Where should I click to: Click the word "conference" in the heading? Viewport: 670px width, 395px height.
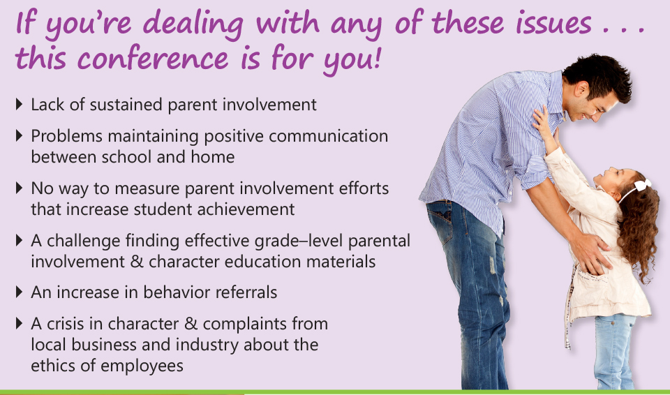click(153, 59)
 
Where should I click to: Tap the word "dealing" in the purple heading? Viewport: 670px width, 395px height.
click(193, 24)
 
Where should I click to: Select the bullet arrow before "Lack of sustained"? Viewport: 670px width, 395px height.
click(19, 104)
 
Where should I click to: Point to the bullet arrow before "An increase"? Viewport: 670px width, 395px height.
click(19, 292)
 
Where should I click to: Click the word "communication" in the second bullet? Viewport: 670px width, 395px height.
click(328, 136)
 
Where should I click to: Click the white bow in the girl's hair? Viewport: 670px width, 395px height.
click(643, 185)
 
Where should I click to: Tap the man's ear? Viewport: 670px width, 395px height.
click(581, 90)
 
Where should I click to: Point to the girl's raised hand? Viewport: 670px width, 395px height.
click(541, 120)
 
